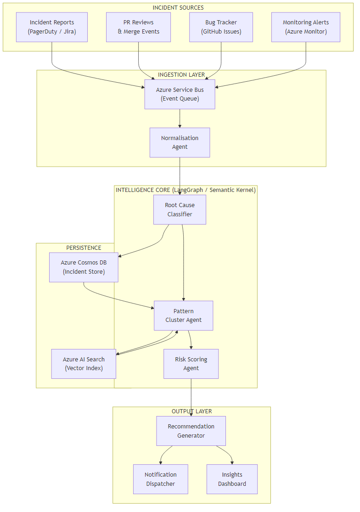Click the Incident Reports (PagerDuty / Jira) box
tap(52, 27)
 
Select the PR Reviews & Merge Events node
tap(138, 27)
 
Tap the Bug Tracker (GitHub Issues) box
tap(221, 27)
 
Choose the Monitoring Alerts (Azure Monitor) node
tap(305, 27)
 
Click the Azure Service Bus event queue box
tap(180, 94)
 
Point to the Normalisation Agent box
tap(180, 142)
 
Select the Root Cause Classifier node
tap(180, 209)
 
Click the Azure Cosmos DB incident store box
tap(84, 267)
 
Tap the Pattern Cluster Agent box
tap(183, 315)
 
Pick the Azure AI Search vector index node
tap(84, 364)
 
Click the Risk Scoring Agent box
tap(191, 364)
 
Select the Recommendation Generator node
tap(191, 431)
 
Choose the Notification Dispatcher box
tap(160, 479)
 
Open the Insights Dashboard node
tap(232, 479)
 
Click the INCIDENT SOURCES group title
tap(178, 8)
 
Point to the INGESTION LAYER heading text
tap(181, 75)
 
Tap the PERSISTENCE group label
tap(84, 248)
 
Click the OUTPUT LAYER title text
tap(191, 411)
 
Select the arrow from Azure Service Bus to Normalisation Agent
tap(180, 118)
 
